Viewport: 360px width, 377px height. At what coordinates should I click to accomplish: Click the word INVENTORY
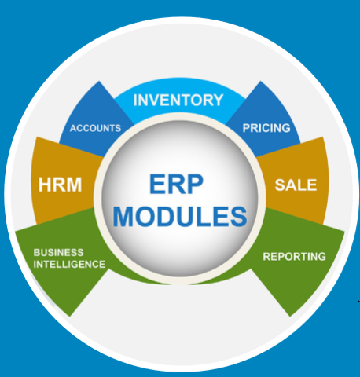tap(178, 100)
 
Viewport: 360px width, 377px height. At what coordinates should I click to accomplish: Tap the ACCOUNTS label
tap(95, 128)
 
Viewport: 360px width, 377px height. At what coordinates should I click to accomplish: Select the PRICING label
tap(266, 128)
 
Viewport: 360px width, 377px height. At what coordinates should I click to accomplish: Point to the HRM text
tap(60, 185)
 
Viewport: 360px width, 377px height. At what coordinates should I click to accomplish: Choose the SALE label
tap(296, 185)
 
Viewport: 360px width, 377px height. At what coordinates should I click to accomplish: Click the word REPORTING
tap(294, 257)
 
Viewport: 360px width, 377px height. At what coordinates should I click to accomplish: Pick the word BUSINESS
tap(58, 253)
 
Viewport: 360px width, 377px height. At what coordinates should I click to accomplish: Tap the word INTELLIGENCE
tap(69, 264)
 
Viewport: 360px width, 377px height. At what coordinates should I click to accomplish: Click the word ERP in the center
tap(176, 185)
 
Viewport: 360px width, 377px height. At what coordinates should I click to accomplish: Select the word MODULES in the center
tap(180, 217)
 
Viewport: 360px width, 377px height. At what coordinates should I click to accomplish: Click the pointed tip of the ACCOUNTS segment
tap(99, 82)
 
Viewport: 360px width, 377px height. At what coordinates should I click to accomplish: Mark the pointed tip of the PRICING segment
tap(260, 82)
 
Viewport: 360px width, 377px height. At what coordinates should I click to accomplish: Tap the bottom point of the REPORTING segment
tap(290, 316)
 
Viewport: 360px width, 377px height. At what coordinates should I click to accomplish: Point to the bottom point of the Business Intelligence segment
tap(69, 316)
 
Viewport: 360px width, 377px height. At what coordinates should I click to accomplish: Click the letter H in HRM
tap(45, 185)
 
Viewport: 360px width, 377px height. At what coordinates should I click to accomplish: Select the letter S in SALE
tap(280, 185)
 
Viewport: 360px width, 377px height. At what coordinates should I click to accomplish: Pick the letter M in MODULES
tap(123, 217)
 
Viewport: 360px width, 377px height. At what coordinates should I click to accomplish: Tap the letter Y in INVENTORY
tap(217, 100)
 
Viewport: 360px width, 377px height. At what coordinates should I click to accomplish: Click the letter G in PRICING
tap(285, 128)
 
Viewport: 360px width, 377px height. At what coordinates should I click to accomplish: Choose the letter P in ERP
tap(194, 185)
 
